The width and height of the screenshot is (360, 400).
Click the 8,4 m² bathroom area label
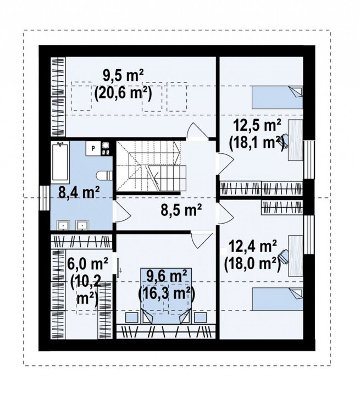click(x=79, y=192)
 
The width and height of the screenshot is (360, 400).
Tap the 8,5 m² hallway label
click(x=181, y=210)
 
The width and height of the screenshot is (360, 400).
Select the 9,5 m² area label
click(x=123, y=76)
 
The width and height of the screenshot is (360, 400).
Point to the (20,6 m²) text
click(x=123, y=93)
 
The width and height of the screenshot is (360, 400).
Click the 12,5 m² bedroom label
click(x=257, y=126)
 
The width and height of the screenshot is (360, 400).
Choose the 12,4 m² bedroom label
click(x=252, y=246)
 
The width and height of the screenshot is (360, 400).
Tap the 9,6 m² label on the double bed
click(x=167, y=276)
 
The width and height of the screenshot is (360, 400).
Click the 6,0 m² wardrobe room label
click(x=87, y=264)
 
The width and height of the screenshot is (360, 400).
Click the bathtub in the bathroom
click(x=60, y=162)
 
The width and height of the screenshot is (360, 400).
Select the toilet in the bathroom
click(x=104, y=175)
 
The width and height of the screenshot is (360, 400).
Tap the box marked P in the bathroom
click(x=93, y=148)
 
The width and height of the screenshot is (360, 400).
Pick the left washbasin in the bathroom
click(x=63, y=225)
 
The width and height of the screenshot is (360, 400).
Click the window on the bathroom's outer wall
click(x=44, y=198)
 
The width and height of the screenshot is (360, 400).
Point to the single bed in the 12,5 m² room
click(x=278, y=97)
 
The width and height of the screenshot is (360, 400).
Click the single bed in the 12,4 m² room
click(x=278, y=299)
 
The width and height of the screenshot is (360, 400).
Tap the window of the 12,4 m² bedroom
click(x=308, y=235)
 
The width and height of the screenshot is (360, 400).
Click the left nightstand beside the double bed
click(x=132, y=317)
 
